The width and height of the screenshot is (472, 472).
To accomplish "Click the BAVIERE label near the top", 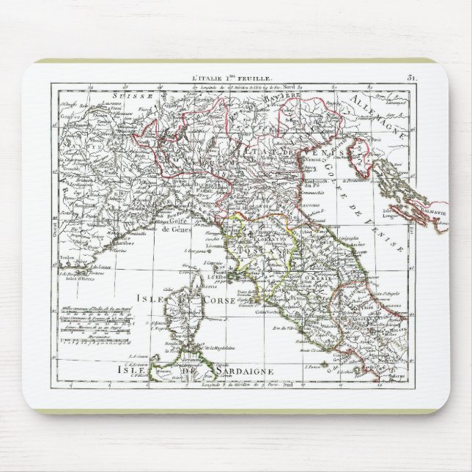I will [x=281, y=97].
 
